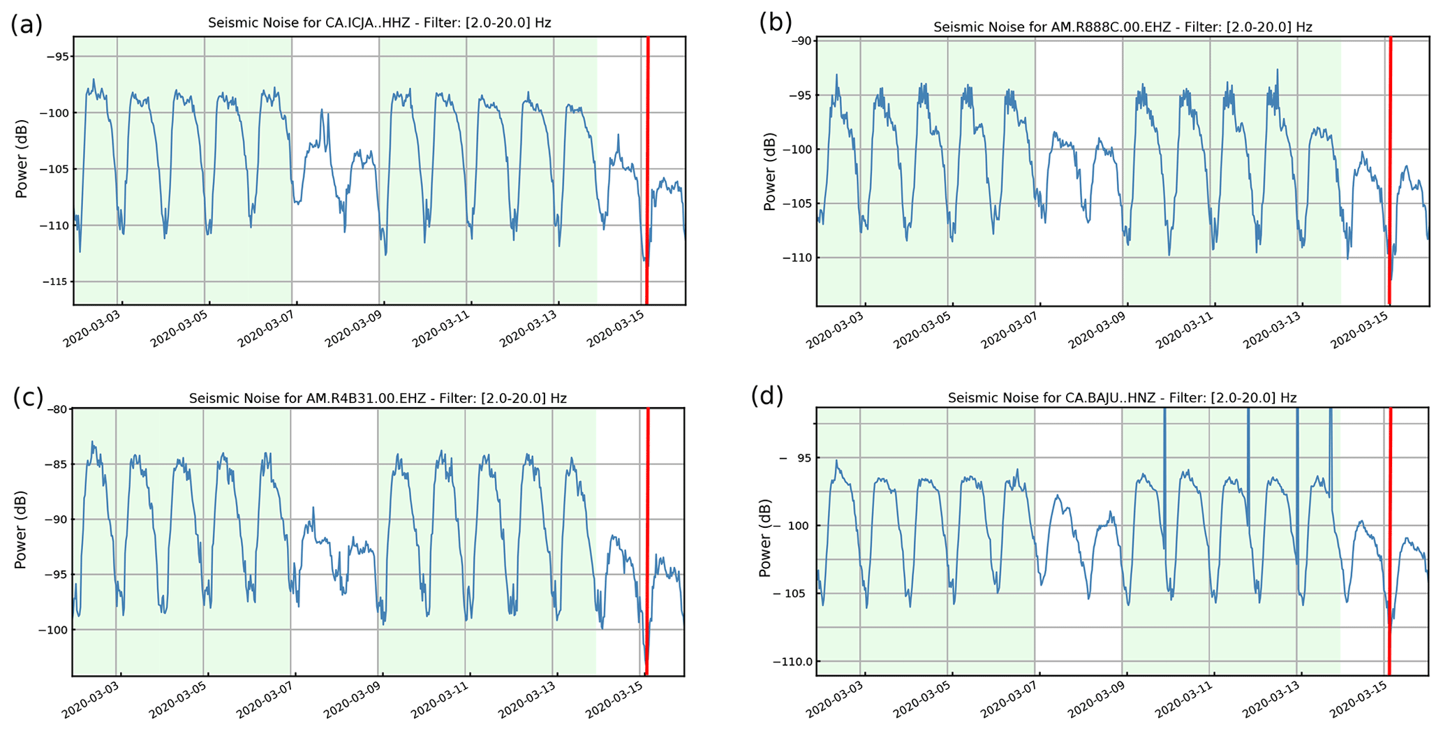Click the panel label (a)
point(27,25)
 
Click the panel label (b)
point(775,23)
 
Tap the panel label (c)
point(28,397)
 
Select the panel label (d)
point(767,396)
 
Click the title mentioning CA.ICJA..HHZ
point(379,23)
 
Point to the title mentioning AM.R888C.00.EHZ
point(1123,27)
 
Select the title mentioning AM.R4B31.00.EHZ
point(378,399)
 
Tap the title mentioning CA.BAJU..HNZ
point(1122,398)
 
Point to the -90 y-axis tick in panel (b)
point(800,40)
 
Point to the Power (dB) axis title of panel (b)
point(769,172)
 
